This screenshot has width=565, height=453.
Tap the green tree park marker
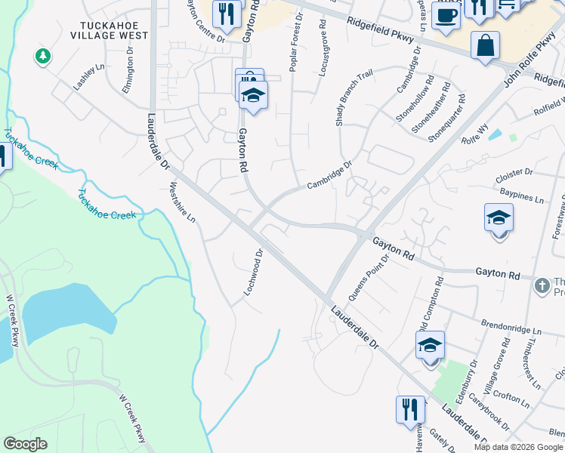(43, 57)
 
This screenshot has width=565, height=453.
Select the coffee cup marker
(446, 15)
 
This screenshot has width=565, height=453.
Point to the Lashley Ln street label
(88, 77)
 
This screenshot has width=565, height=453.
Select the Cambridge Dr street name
(330, 176)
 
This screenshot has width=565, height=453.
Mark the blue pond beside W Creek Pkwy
(68, 314)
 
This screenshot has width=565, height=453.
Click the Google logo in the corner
(25, 444)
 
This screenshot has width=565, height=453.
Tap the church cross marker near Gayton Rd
(541, 285)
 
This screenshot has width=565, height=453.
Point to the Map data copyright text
(517, 447)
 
